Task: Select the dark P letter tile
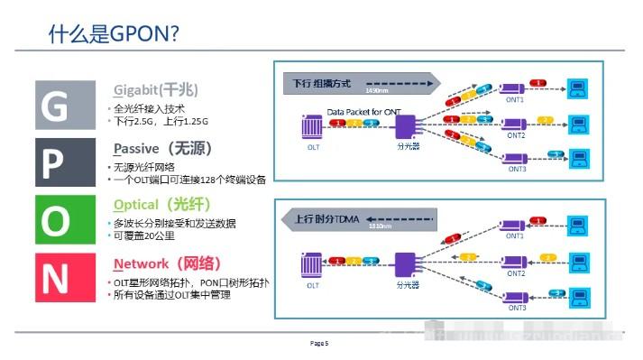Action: click(x=53, y=163)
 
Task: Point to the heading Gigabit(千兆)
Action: click(x=156, y=90)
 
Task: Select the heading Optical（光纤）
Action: click(x=162, y=205)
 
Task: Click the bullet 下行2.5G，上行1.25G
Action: click(x=161, y=121)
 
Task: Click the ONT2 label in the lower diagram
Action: click(x=516, y=273)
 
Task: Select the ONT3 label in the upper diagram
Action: click(x=516, y=169)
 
